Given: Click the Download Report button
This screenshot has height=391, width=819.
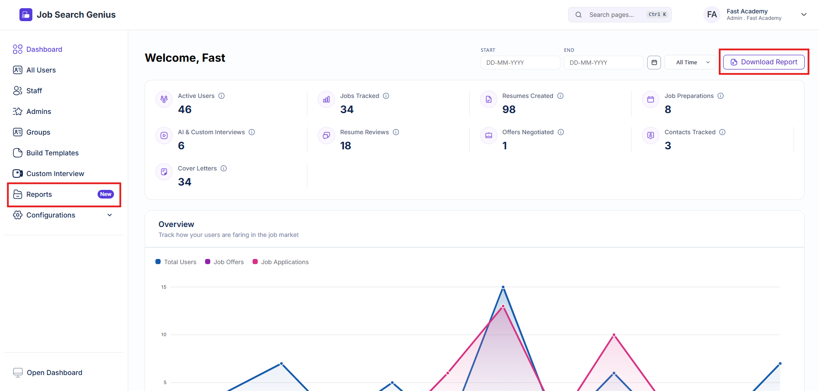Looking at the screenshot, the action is pos(764,62).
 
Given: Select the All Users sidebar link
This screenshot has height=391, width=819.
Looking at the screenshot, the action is pos(41,70).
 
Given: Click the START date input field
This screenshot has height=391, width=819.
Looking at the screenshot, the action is pos(520,63).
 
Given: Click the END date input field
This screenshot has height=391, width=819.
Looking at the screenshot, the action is pos(604,63).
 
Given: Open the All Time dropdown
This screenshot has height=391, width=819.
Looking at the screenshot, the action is pos(690,63).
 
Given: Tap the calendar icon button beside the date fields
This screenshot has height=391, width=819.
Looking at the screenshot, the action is pos(654,63).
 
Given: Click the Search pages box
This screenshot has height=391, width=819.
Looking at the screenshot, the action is pos(620,15).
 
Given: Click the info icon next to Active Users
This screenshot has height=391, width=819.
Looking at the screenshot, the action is pos(221,96).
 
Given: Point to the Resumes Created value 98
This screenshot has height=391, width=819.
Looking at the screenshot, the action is pos(509,110).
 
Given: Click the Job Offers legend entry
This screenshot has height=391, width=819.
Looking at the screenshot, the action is pos(225,262).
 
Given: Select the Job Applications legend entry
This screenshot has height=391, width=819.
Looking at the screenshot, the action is pos(281,262).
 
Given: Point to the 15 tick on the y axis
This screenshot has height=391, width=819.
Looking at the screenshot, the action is pos(164,287).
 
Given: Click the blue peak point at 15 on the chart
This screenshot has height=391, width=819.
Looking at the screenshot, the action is pos(503,287).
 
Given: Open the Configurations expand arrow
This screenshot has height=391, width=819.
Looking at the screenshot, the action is pos(110,215).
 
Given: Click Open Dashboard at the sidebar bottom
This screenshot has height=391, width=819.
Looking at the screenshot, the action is pos(47,372).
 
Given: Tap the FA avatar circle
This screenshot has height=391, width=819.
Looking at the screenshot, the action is pos(712,15).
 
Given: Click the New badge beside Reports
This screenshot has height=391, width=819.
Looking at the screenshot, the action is pos(106,194).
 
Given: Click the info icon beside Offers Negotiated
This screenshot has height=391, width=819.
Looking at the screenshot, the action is pos(561,132).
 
